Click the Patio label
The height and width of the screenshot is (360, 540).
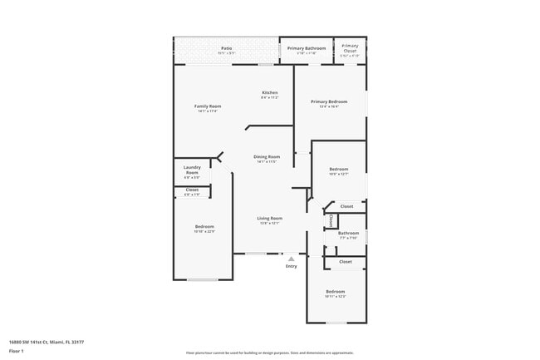pyautogui.click(x=226, y=48)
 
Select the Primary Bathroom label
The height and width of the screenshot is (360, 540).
pyautogui.click(x=307, y=48)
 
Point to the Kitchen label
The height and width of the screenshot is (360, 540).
pyautogui.click(x=269, y=92)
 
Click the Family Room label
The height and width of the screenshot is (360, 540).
pyautogui.click(x=208, y=106)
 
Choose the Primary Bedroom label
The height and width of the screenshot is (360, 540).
pyautogui.click(x=329, y=101)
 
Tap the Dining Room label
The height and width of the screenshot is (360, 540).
pyautogui.click(x=267, y=156)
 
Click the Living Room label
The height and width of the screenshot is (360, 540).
pyautogui.click(x=270, y=218)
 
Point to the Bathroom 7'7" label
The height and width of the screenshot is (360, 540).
pyautogui.click(x=347, y=233)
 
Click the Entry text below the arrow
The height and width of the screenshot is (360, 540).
pyautogui.click(x=291, y=266)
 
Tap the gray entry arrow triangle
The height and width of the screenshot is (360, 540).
pyautogui.click(x=291, y=259)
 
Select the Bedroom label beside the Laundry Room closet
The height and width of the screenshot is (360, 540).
pyautogui.click(x=204, y=227)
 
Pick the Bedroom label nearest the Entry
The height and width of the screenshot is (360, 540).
pyautogui.click(x=335, y=291)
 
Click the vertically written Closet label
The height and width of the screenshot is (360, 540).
pyautogui.click(x=331, y=221)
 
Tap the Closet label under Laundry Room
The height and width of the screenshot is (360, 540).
pyautogui.click(x=192, y=190)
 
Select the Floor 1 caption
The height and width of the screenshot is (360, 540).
pyautogui.click(x=17, y=351)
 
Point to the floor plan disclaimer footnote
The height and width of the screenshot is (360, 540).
pyautogui.click(x=270, y=352)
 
